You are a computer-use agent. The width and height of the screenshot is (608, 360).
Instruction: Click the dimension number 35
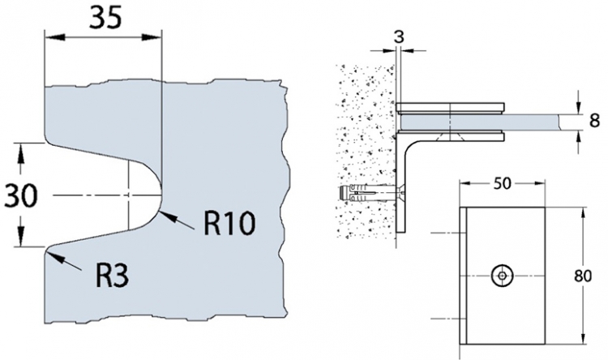pyautogui.click(x=102, y=19)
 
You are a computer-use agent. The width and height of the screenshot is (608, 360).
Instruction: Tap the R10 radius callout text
pyautogui.click(x=230, y=222)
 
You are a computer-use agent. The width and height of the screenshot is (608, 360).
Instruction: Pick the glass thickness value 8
pyautogui.click(x=594, y=122)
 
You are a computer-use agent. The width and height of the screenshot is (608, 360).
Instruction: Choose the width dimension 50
pyautogui.click(x=502, y=184)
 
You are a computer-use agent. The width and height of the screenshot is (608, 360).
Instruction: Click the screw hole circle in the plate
pyautogui.click(x=503, y=276)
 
